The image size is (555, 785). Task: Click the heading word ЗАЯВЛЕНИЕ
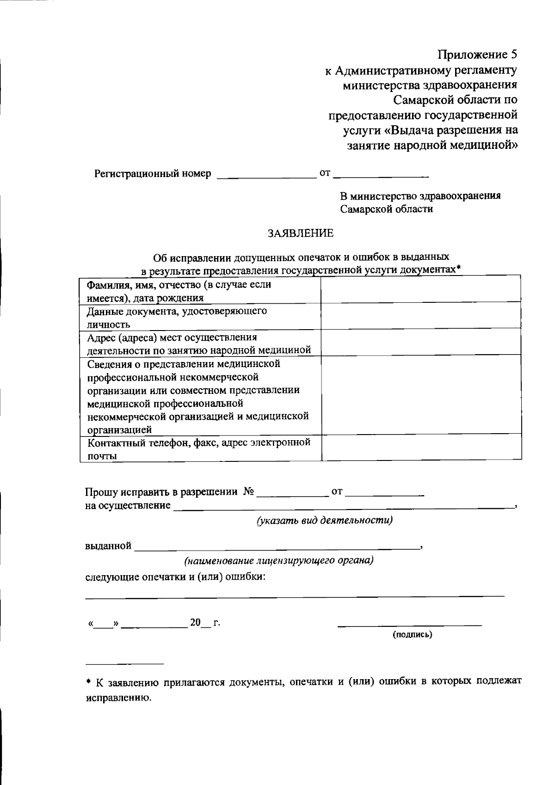(301, 233)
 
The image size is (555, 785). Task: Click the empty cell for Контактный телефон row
(421, 448)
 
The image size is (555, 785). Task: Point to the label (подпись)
(412, 635)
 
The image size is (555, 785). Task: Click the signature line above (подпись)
(409, 625)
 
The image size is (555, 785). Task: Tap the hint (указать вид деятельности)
(325, 520)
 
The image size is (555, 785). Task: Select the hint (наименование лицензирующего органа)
(279, 561)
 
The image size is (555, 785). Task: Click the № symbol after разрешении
(248, 491)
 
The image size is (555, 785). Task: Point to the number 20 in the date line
(195, 623)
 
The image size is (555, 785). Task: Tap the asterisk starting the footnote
(89, 681)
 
